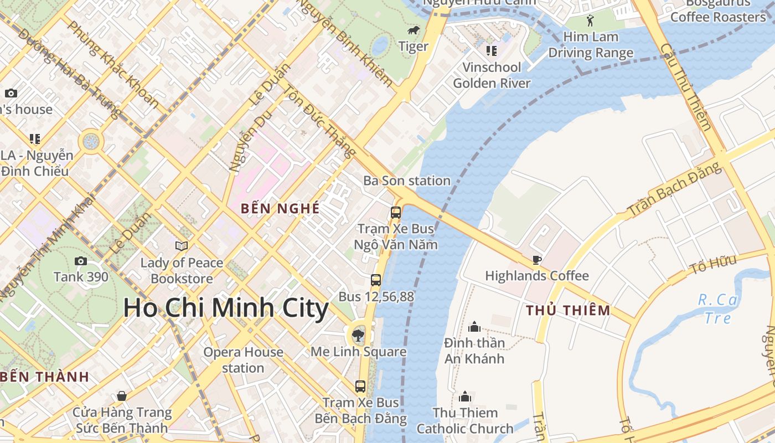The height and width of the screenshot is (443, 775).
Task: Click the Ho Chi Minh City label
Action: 226,308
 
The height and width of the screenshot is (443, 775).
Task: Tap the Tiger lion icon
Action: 414,30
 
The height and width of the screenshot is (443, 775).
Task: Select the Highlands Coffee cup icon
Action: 536,259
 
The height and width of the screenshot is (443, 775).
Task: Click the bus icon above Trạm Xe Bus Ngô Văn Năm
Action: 396,212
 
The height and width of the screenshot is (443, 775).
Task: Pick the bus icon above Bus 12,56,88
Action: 376,280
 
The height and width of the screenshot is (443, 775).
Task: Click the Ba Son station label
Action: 407,181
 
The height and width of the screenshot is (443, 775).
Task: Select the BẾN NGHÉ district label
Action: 280,209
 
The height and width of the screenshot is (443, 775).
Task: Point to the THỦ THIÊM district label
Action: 568,310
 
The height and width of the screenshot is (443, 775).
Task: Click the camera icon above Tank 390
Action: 81,261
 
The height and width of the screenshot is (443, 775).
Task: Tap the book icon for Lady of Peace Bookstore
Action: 182,246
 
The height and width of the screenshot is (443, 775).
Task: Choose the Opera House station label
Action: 243,360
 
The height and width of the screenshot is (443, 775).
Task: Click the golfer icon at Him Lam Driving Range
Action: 590,20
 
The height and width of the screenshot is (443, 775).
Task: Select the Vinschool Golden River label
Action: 492,75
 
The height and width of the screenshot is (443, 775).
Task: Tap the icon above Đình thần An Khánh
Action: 474,327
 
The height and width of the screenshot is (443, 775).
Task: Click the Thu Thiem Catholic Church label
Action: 465,421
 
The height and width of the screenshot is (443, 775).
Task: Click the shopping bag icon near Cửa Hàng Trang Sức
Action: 122,396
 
